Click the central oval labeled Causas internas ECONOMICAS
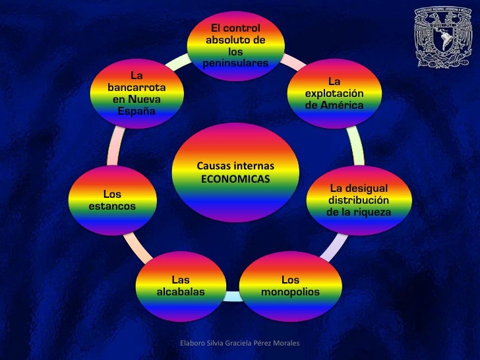pyautogui.click(x=235, y=173)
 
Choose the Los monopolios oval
pyautogui.click(x=290, y=285)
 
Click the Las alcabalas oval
pyautogui.click(x=181, y=285)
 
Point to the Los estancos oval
pyautogui.click(x=112, y=200)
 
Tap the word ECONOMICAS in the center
pyautogui.click(x=235, y=179)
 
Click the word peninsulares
pyautogui.click(x=235, y=63)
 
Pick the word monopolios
pyautogui.click(x=290, y=291)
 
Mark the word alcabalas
pyautogui.click(x=181, y=291)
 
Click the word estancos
pyautogui.click(x=112, y=206)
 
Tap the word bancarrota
pyautogui.click(x=136, y=87)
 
